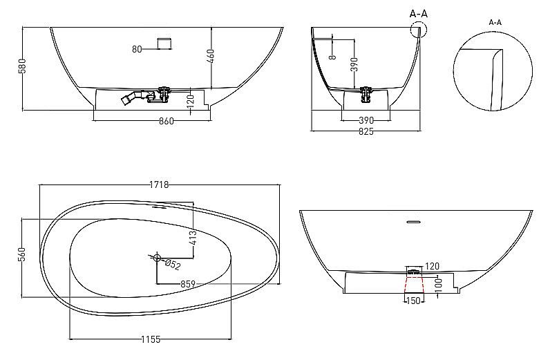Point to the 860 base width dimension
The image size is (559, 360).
[166, 122]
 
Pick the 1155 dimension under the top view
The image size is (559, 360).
[151, 339]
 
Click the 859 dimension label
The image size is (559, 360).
[187, 284]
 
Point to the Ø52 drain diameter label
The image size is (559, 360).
[173, 265]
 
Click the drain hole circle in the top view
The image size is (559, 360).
[157, 259]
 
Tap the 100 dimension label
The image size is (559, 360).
[438, 285]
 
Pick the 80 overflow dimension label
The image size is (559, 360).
[137, 48]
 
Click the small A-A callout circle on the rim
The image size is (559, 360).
[418, 29]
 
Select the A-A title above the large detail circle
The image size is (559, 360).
[495, 22]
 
